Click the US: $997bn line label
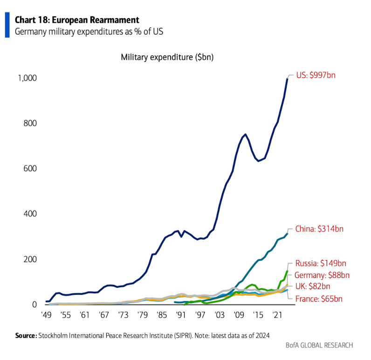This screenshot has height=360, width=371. [319, 76]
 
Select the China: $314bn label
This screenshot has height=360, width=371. [322, 229]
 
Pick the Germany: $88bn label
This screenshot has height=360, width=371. [322, 275]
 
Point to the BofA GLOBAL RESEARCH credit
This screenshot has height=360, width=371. [319, 346]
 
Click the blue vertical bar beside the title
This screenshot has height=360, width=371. [7, 25]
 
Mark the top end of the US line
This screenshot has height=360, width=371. [287, 78]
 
